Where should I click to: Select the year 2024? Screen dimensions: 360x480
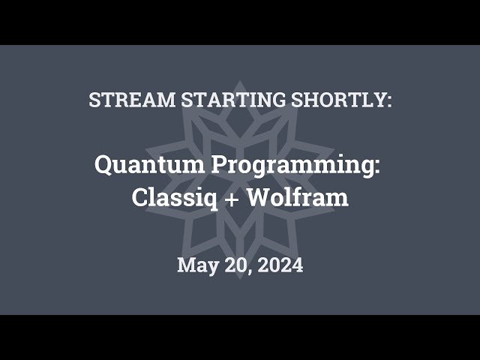[x=278, y=265]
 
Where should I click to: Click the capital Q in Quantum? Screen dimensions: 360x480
[x=104, y=165]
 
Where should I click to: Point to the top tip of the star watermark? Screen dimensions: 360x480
[x=240, y=81]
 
